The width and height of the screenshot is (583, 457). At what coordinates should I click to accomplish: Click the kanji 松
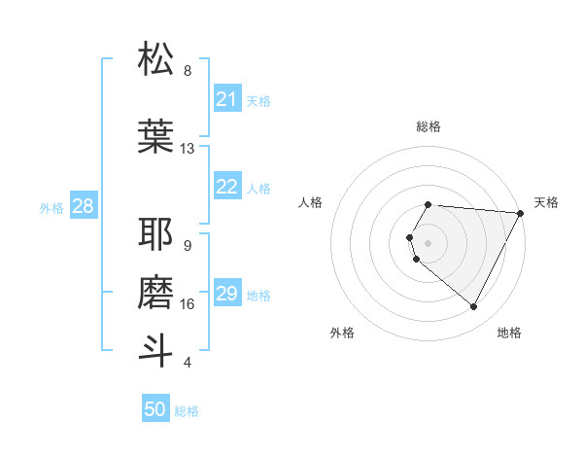pyautogui.click(x=155, y=59)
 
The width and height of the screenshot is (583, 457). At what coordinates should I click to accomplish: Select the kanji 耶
pyautogui.click(x=155, y=234)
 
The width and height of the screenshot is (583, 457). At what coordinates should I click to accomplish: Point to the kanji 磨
pyautogui.click(x=155, y=291)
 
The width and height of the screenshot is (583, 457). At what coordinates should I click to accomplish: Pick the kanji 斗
pyautogui.click(x=155, y=349)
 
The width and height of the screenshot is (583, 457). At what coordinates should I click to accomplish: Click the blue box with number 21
pyautogui.click(x=227, y=99)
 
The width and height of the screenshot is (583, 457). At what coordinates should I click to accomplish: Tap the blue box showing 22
pyautogui.click(x=227, y=188)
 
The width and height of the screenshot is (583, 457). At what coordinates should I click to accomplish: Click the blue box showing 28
pyautogui.click(x=83, y=206)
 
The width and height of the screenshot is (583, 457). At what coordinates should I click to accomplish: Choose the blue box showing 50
pyautogui.click(x=155, y=409)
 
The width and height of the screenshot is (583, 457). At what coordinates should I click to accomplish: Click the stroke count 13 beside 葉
pyautogui.click(x=188, y=149)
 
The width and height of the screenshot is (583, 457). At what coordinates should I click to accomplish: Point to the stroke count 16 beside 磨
pyautogui.click(x=188, y=304)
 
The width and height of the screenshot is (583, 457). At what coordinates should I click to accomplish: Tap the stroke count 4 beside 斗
pyautogui.click(x=188, y=363)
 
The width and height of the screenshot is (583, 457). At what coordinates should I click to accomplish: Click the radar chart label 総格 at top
pyautogui.click(x=429, y=126)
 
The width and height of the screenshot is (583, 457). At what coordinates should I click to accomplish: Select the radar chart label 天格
pyautogui.click(x=546, y=202)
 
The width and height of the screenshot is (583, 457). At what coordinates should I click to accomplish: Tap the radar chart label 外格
pyautogui.click(x=342, y=333)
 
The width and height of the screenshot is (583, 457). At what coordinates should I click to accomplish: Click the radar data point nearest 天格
pyautogui.click(x=520, y=213)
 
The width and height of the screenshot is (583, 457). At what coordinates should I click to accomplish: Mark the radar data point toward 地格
pyautogui.click(x=474, y=307)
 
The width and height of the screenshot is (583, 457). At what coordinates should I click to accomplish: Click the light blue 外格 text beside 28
pyautogui.click(x=51, y=207)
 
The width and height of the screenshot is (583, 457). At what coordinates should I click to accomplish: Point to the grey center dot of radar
pyautogui.click(x=429, y=242)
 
